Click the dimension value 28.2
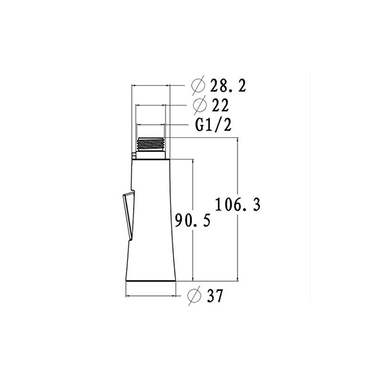228,86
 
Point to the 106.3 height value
237,204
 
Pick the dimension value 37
215,296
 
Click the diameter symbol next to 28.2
197,86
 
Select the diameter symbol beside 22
197,105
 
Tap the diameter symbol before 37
194,296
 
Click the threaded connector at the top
151,144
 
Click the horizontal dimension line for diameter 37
151,296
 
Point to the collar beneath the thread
152,155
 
